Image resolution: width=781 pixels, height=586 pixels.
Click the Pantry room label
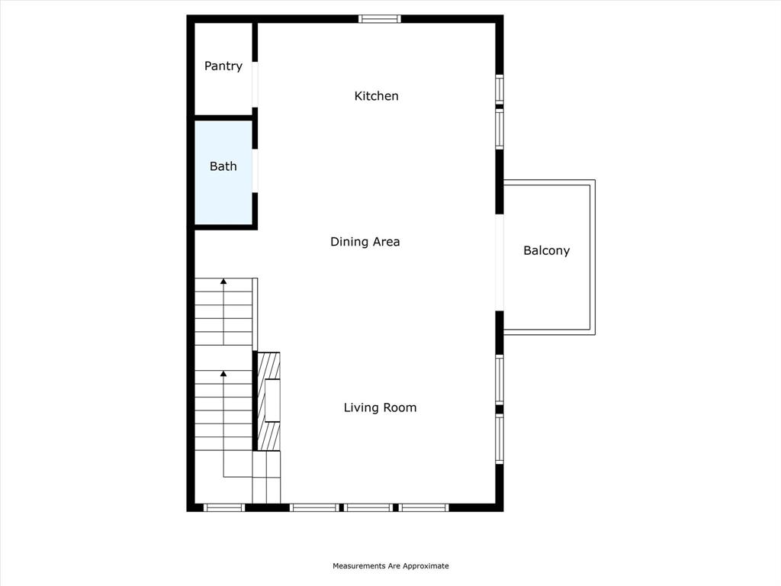click(223, 66)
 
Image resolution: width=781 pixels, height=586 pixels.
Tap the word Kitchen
click(377, 96)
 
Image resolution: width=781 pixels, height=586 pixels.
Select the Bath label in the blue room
click(223, 166)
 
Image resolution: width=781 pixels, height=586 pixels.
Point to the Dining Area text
click(365, 242)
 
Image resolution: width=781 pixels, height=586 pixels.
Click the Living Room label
click(380, 407)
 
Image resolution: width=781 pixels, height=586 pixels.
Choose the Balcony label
click(546, 250)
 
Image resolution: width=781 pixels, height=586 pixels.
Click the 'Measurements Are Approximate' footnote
click(390, 566)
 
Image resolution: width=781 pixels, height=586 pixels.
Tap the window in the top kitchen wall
click(379, 19)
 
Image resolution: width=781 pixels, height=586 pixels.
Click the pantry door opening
click(256, 85)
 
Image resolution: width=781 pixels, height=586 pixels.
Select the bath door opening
click(256, 171)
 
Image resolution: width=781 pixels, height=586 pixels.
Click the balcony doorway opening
click(500, 262)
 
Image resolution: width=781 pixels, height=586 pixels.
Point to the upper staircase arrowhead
click(223, 282)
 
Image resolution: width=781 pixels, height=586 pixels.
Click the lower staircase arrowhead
click(223, 374)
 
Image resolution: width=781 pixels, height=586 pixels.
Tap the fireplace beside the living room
click(268, 401)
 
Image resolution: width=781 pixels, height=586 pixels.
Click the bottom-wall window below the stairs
click(224, 507)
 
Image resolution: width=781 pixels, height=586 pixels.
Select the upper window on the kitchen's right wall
click(500, 89)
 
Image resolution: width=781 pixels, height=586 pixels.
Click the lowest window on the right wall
click(500, 439)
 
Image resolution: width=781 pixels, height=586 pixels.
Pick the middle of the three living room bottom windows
click(368, 507)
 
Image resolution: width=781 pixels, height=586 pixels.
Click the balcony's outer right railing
click(593, 257)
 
